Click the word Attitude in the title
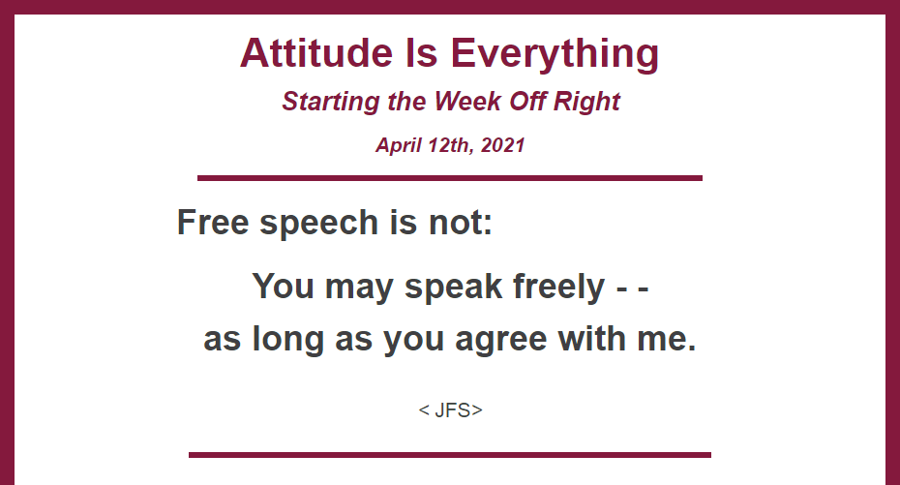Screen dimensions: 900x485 click(x=316, y=53)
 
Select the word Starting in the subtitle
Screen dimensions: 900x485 click(x=331, y=102)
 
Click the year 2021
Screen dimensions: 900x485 click(x=503, y=145)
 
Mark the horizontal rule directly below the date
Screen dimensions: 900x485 click(x=450, y=178)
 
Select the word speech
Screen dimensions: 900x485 click(x=318, y=224)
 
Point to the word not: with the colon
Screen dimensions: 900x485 click(x=461, y=222)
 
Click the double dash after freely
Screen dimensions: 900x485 click(x=633, y=288)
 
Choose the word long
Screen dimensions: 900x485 click(x=288, y=339)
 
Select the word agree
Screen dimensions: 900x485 click(x=501, y=341)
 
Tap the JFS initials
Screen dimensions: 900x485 click(x=451, y=409)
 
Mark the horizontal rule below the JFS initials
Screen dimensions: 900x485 click(x=450, y=455)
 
